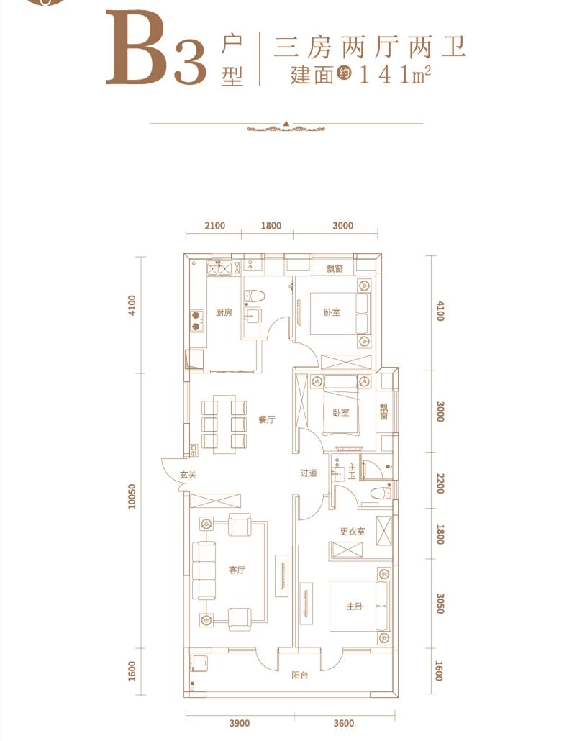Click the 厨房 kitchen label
coord(224,312)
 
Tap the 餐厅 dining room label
coord(266,419)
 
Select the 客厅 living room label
coord(237,570)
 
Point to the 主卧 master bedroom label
coord(355,606)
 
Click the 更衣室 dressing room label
coord(353,532)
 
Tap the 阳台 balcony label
coord(299,676)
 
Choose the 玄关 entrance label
coord(188,475)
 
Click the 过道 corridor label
coord(309,473)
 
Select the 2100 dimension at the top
coord(214,226)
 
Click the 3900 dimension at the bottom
coord(239,724)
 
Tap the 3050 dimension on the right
coord(440,604)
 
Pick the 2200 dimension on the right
coord(440,483)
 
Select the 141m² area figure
coord(396,75)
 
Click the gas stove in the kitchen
coord(197,321)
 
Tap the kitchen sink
coord(219,268)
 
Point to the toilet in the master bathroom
coord(381,494)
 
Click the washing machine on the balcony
coord(197,663)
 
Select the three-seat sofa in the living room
coord(204,570)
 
